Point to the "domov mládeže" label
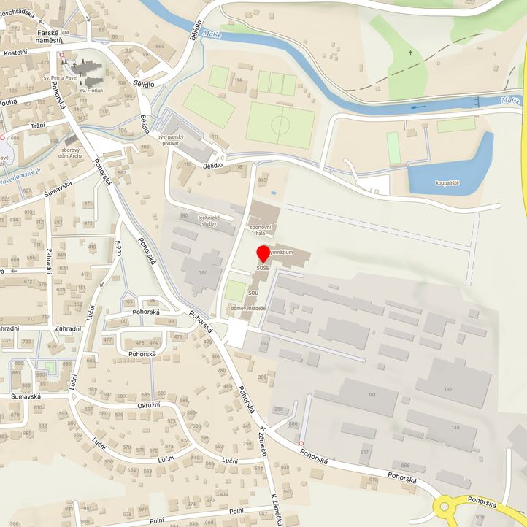click(x=248, y=309)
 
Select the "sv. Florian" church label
click(x=91, y=91)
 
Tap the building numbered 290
click(x=204, y=272)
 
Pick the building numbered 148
click(x=455, y=427)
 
